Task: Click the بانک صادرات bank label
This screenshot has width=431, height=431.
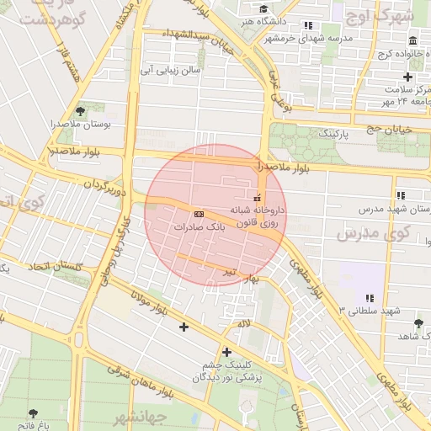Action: coord(200,227)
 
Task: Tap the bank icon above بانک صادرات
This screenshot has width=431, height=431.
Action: coord(198,213)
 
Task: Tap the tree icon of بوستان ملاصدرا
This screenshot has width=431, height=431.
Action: coord(80,110)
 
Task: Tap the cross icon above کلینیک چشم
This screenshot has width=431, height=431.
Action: coord(226,352)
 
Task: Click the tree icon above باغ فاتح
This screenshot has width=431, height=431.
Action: coord(33,413)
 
